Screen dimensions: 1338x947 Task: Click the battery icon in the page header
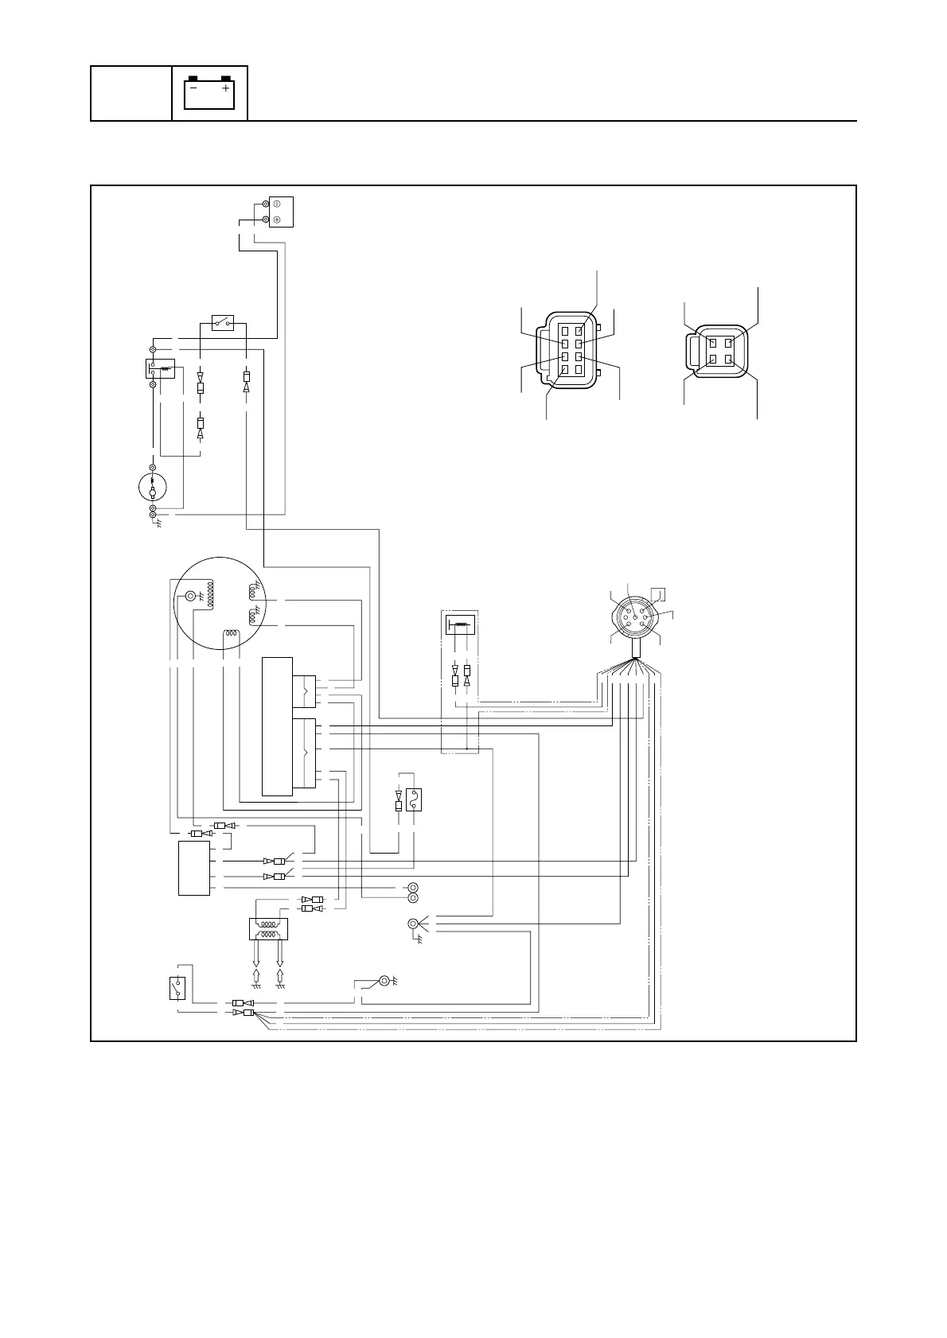tap(209, 93)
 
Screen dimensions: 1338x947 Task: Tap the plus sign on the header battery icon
tap(226, 89)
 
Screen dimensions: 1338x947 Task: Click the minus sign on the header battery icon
tap(193, 89)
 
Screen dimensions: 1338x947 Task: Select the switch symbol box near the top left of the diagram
tap(223, 321)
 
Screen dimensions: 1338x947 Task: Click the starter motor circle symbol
tap(152, 486)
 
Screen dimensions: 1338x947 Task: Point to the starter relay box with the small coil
tap(160, 368)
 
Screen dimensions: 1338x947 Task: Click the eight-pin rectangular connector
tap(570, 349)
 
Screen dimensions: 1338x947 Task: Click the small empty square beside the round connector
tap(657, 593)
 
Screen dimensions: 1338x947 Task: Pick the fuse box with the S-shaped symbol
tap(415, 799)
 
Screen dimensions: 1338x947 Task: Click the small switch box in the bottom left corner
tap(177, 987)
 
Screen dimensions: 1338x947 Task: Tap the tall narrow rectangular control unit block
tap(277, 725)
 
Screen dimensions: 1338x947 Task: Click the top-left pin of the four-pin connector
tap(711, 343)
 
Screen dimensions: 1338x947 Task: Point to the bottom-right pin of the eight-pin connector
tap(579, 370)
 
